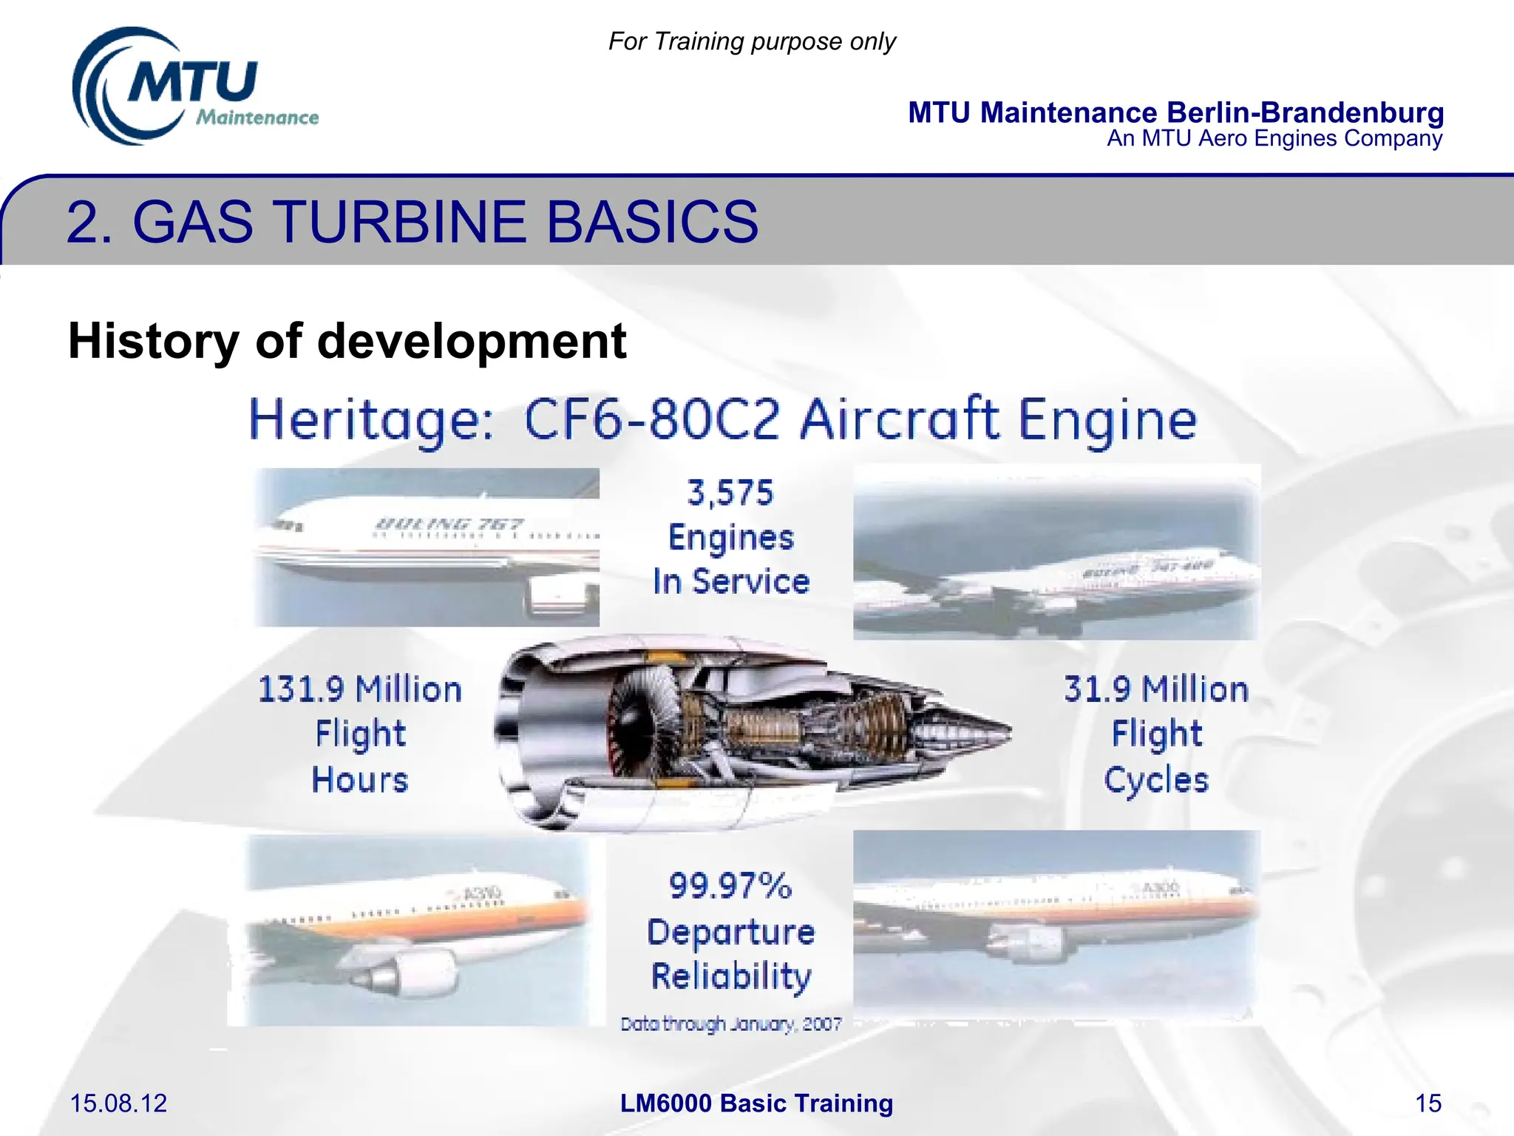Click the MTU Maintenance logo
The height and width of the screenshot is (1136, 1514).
pyautogui.click(x=194, y=87)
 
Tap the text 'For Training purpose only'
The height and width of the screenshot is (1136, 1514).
pyautogui.click(x=751, y=41)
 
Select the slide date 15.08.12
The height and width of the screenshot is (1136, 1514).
pyautogui.click(x=118, y=1103)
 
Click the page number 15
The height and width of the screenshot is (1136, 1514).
pyautogui.click(x=1428, y=1103)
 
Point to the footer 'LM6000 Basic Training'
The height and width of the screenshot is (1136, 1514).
pyautogui.click(x=756, y=1103)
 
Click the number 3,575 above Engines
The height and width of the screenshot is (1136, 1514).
pyautogui.click(x=730, y=493)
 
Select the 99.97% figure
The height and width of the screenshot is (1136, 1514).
pyautogui.click(x=730, y=885)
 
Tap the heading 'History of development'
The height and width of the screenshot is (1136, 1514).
pyautogui.click(x=347, y=341)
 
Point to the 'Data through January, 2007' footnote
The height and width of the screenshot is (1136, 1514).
pyautogui.click(x=730, y=1024)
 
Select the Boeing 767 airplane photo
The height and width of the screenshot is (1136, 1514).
pyautogui.click(x=427, y=547)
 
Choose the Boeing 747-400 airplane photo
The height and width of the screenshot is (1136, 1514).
pyautogui.click(x=1056, y=552)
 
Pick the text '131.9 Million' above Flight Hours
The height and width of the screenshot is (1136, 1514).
pyautogui.click(x=360, y=689)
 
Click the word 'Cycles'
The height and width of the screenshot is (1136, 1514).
pyautogui.click(x=1156, y=780)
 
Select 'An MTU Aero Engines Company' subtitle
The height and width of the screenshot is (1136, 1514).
pyautogui.click(x=1274, y=139)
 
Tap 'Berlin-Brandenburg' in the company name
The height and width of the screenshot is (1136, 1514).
pyautogui.click(x=1305, y=112)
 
